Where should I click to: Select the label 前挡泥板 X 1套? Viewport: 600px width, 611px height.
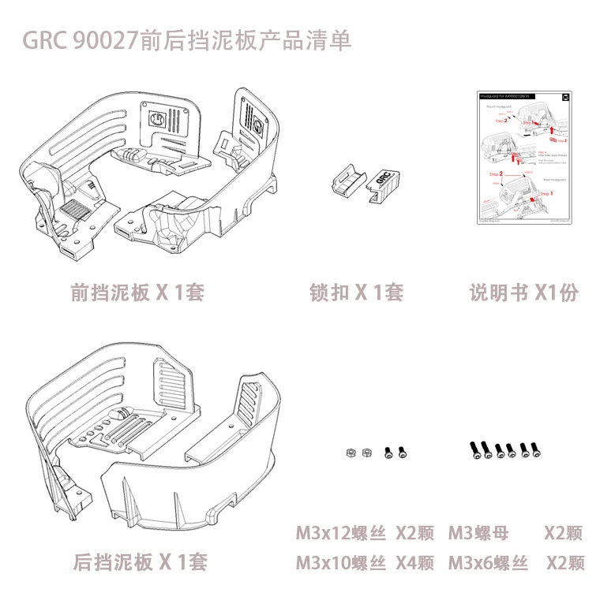[137, 292]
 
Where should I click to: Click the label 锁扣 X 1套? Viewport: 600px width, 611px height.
[356, 292]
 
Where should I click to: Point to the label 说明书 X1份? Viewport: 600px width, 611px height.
[523, 292]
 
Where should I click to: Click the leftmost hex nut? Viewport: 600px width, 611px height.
[349, 453]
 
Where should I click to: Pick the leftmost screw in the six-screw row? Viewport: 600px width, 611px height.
[476, 449]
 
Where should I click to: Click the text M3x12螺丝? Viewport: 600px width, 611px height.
[341, 534]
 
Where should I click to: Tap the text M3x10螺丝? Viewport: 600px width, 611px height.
[341, 563]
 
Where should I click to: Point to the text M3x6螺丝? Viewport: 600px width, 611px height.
[489, 563]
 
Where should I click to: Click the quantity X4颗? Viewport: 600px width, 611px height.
[414, 563]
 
